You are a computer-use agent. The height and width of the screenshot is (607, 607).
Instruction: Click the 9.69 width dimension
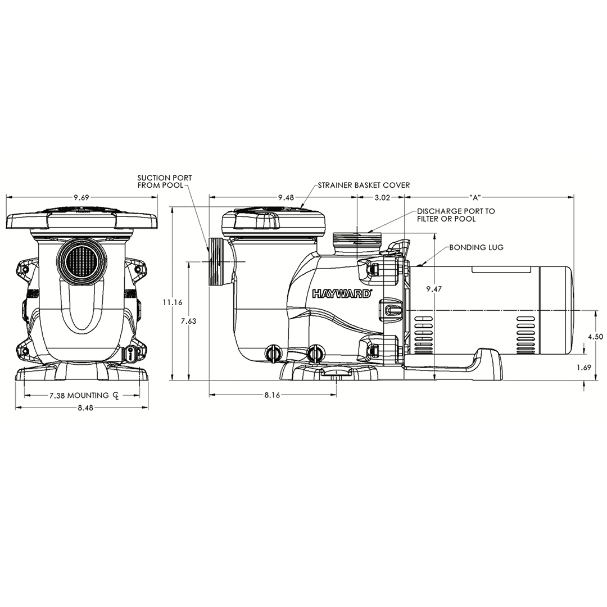(x=81, y=197)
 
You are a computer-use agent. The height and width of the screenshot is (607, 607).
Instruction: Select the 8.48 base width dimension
(x=81, y=407)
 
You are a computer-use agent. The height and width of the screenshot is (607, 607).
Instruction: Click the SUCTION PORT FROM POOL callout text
(x=157, y=182)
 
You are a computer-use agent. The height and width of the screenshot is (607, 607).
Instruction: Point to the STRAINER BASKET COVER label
(x=364, y=185)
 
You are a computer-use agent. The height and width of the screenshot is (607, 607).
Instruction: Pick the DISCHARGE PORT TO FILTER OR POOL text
(x=456, y=215)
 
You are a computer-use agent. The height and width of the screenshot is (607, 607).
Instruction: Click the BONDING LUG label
(x=476, y=247)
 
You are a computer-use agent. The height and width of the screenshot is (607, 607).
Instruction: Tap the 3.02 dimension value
(x=382, y=197)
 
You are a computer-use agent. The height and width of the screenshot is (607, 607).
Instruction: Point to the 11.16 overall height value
(x=173, y=302)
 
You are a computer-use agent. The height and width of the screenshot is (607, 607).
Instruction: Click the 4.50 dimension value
(x=595, y=336)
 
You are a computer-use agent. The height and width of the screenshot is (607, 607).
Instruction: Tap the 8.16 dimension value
(x=272, y=395)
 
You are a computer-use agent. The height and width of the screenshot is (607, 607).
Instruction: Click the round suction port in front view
(x=81, y=264)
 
